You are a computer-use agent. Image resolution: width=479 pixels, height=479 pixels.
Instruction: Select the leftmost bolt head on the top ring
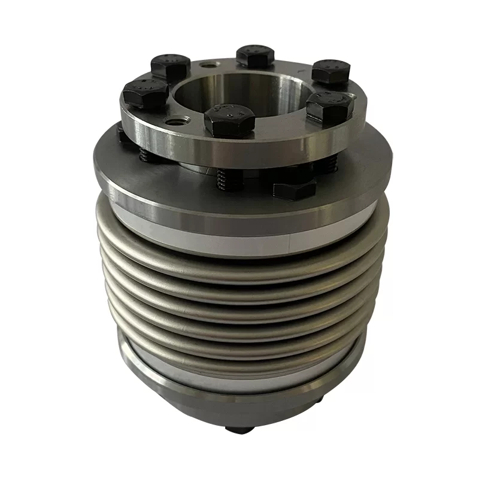point(145,93)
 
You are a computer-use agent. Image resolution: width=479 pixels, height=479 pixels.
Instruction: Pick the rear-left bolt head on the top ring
point(171,65)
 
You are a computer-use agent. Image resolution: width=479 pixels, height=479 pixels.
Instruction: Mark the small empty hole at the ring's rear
point(208,63)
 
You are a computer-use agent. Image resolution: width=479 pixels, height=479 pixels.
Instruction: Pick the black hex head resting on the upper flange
point(294,189)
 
